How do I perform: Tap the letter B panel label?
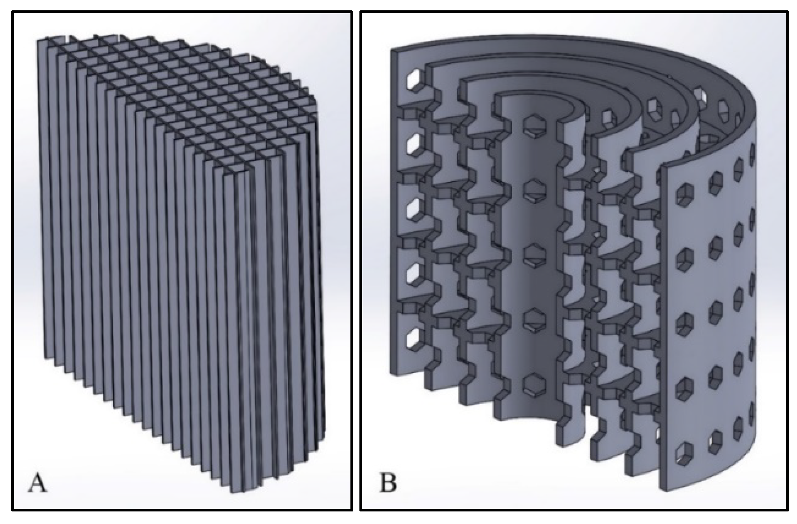388,484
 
